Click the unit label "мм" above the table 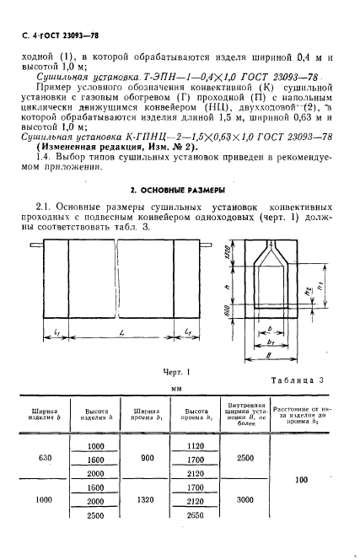point(177,389)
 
